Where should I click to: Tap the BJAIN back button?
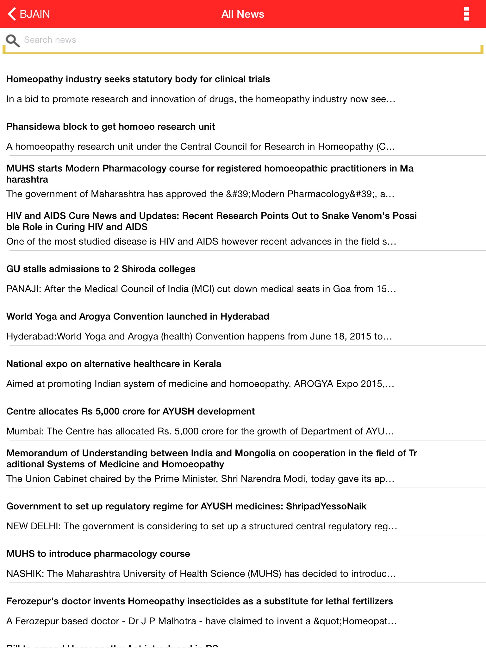tap(29, 14)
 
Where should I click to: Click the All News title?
tap(243, 14)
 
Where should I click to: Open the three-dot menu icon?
tap(466, 14)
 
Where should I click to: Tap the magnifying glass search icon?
tap(13, 40)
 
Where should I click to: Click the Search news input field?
tap(247, 40)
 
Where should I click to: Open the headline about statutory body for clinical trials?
tap(138, 79)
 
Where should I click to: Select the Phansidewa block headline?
tap(110, 127)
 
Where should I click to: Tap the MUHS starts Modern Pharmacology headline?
tap(209, 174)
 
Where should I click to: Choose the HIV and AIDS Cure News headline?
tap(211, 221)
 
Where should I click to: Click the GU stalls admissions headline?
tap(101, 269)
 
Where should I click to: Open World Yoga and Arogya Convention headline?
tap(138, 316)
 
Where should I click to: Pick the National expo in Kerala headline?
tap(114, 364)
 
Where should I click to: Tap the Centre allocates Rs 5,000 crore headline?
tap(130, 411)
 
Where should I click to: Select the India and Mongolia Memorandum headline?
tap(211, 458)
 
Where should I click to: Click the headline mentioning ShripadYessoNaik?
tap(186, 506)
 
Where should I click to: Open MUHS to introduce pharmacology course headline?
tap(98, 554)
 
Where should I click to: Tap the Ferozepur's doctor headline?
tap(199, 601)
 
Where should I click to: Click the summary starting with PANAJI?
tap(201, 289)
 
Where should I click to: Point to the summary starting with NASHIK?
tap(201, 574)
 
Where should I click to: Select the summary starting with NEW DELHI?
tap(202, 526)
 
